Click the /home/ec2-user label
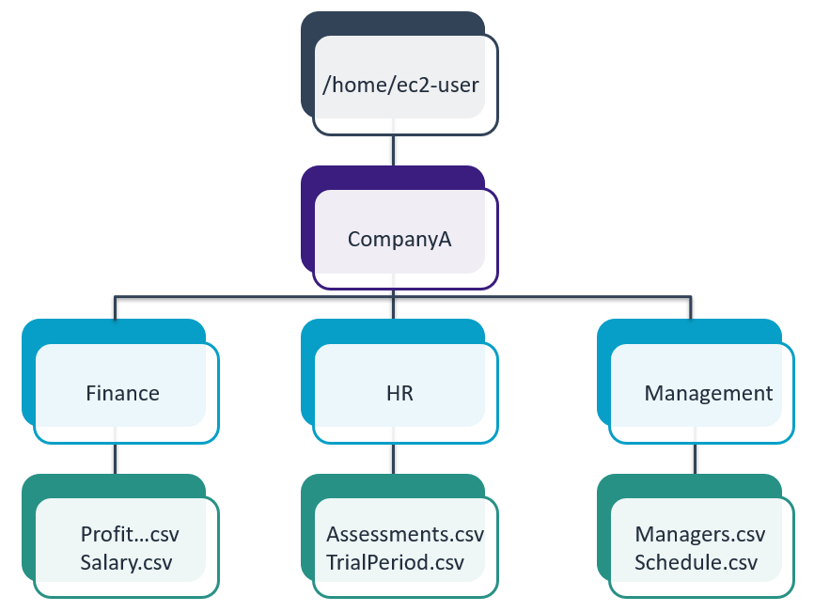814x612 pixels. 400,86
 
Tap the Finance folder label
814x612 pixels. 122,393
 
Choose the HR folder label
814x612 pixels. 399,393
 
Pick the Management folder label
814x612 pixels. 708,393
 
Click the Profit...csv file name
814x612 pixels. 130,535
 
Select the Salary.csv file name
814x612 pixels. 128,562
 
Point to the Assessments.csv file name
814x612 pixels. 405,535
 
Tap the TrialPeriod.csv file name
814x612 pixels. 395,562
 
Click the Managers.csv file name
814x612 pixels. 700,535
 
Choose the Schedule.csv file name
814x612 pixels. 696,562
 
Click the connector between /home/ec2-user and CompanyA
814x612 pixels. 393,151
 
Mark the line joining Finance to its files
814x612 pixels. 115,458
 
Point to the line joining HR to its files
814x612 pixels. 393,458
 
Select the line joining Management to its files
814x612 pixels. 695,458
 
